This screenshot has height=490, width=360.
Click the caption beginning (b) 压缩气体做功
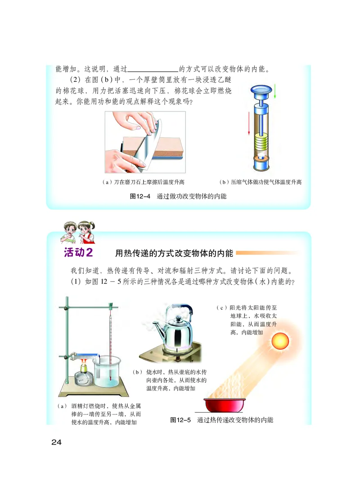pyautogui.click(x=259, y=182)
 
